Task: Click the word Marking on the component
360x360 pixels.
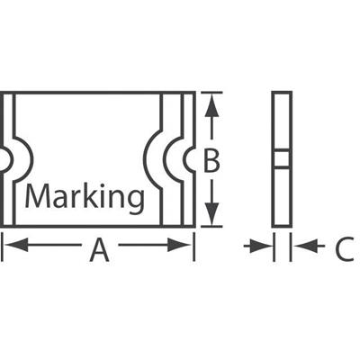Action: pyautogui.click(x=83, y=197)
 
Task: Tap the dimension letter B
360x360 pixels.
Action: pyautogui.click(x=211, y=160)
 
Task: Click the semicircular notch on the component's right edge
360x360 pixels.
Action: pyautogui.click(x=189, y=159)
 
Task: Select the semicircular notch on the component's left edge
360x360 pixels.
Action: pyautogui.click(x=4, y=160)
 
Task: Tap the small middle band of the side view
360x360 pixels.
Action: pyautogui.click(x=282, y=159)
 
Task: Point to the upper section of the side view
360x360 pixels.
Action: pyautogui.click(x=282, y=121)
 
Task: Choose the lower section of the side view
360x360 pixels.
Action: pyautogui.click(x=282, y=197)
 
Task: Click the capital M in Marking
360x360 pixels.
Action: pyautogui.click(x=37, y=196)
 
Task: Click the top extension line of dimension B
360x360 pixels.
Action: pyautogui.click(x=209, y=92)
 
